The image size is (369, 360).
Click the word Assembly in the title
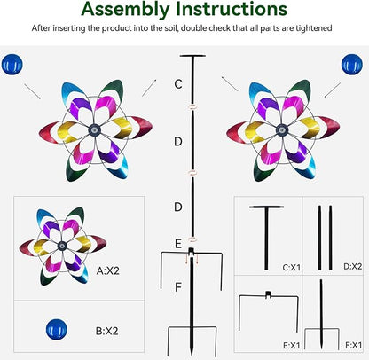[126, 10]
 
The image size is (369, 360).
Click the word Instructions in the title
[232, 8]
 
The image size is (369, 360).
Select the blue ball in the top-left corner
[12, 65]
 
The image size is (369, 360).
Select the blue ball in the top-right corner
[352, 65]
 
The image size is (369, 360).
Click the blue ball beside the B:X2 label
[57, 329]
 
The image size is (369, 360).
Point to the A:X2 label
[108, 270]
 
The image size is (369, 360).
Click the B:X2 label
[107, 331]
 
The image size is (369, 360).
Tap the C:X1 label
[291, 268]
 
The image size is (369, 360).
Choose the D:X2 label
[353, 266]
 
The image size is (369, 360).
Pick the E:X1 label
[292, 345]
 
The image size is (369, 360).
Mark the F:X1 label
[353, 345]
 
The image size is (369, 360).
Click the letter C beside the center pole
[178, 84]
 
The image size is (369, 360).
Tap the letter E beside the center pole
[178, 244]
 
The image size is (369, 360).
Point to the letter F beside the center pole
[178, 286]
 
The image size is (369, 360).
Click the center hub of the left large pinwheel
[95, 129]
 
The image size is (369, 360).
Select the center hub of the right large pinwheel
[282, 129]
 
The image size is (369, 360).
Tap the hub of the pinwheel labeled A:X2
[62, 246]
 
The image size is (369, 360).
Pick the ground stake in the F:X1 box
[321, 314]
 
